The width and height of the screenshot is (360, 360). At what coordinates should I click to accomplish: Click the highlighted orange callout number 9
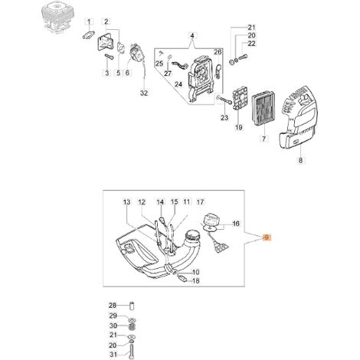[267, 237]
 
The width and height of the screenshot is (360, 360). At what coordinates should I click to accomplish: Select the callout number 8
[300, 160]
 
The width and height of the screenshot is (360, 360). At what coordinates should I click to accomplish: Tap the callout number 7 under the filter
[263, 139]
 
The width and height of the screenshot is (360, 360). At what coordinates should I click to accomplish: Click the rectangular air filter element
[263, 113]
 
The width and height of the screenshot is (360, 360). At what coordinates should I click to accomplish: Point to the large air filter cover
[298, 117]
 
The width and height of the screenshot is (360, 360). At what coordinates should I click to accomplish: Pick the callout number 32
[144, 93]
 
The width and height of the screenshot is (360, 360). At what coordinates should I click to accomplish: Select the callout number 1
[89, 22]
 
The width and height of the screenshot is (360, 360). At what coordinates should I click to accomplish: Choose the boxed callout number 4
[192, 35]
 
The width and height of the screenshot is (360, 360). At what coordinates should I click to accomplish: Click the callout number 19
[239, 127]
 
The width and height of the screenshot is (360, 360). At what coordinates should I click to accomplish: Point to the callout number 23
[224, 118]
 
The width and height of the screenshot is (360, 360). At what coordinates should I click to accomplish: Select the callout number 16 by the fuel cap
[236, 224]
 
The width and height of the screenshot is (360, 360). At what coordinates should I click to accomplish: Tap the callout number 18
[195, 281]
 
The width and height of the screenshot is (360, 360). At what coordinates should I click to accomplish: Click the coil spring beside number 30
[133, 326]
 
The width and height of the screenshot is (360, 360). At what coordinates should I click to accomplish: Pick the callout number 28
[113, 305]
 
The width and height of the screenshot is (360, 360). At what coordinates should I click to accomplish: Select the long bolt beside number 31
[132, 351]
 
